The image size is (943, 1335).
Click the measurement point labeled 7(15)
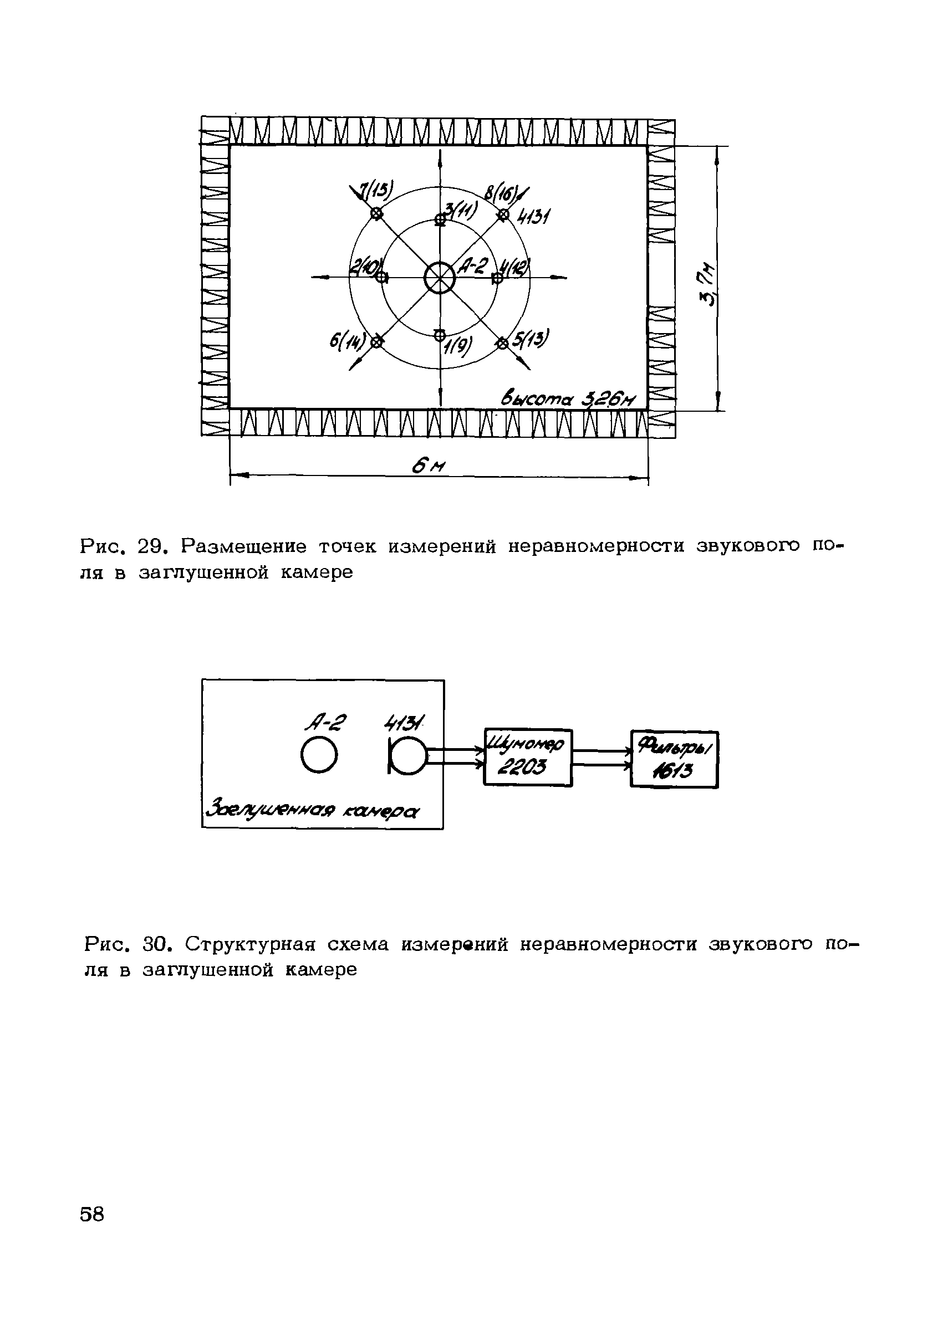(377, 214)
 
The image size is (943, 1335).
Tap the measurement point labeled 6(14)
(376, 342)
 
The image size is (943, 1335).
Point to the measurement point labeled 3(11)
(440, 219)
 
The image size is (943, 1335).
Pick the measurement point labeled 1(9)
(440, 334)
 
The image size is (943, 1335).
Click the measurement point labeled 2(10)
(382, 278)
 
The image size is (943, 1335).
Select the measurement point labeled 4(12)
(497, 279)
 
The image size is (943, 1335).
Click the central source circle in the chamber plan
(439, 279)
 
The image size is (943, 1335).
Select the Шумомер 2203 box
(528, 758)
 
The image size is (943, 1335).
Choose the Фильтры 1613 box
(674, 759)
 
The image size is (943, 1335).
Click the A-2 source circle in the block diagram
(319, 756)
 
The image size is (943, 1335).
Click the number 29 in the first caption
(153, 546)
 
